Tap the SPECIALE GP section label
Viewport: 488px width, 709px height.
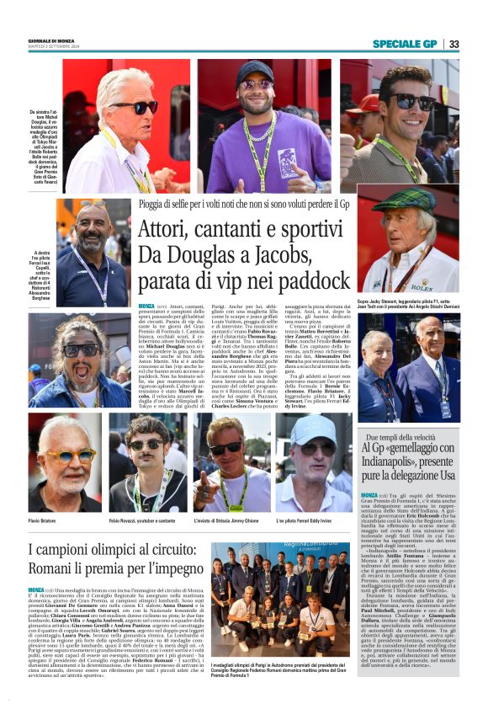(x=405, y=44)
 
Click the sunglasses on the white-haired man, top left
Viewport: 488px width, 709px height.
(x=138, y=107)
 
